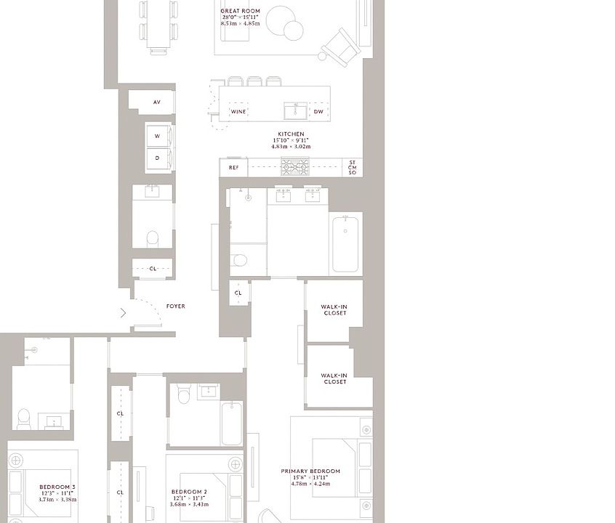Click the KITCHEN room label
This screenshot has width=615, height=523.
coord(290,134)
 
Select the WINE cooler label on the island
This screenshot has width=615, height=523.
coord(238,112)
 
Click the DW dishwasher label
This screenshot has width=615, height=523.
coord(318,112)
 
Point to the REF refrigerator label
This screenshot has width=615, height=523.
coord(233,168)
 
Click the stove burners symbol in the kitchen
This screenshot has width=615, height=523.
coord(295,166)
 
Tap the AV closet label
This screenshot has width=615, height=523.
coord(156,102)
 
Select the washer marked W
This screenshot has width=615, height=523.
coord(157,136)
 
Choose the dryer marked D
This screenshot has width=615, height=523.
coord(157,158)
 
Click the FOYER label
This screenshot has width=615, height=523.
coord(175,307)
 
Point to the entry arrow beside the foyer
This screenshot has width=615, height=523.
coord(123,313)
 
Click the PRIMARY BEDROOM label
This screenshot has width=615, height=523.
coord(310,471)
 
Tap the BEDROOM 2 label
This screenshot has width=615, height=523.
coord(189,492)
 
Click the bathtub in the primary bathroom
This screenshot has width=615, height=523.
coord(346,243)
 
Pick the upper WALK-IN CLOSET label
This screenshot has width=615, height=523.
coord(334,310)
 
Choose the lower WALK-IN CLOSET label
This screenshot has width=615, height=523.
coord(334,378)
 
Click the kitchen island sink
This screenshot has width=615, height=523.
coord(294,110)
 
